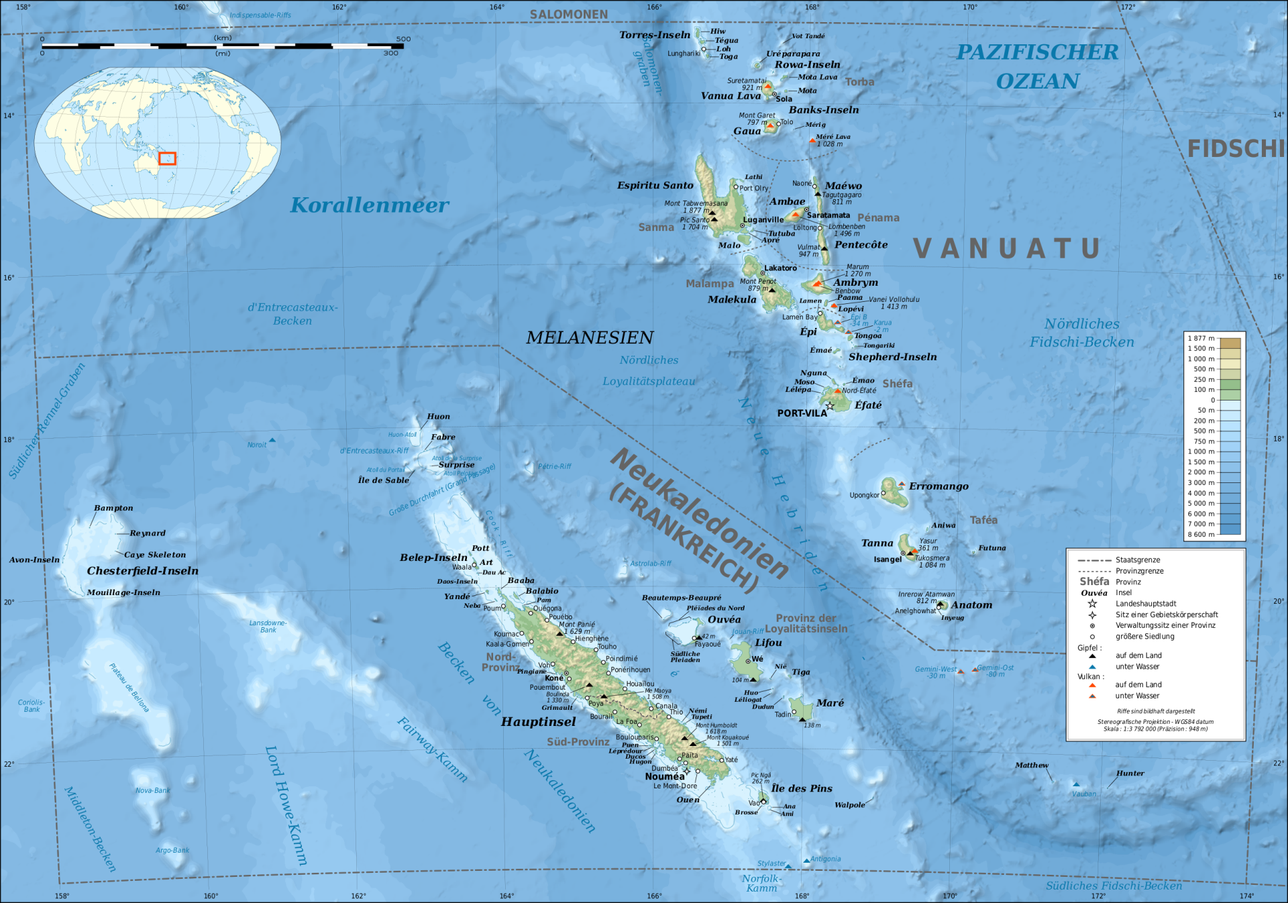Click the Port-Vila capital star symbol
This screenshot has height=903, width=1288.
click(x=830, y=406)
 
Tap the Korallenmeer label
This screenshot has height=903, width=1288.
click(x=370, y=205)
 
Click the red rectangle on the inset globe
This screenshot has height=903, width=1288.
click(x=167, y=158)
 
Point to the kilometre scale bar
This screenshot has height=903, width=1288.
click(x=222, y=46)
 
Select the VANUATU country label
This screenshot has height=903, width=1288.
click(x=1007, y=249)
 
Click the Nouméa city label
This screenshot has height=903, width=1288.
click(x=665, y=776)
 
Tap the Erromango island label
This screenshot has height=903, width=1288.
click(x=938, y=486)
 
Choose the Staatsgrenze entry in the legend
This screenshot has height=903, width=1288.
click(x=1138, y=560)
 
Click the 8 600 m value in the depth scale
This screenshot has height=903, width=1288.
click(x=1201, y=535)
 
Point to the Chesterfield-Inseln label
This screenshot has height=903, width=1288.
click(x=142, y=571)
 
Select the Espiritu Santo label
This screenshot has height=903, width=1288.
click(x=655, y=185)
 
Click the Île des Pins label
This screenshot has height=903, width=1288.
click(x=802, y=788)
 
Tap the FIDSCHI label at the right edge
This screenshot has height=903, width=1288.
click(x=1236, y=149)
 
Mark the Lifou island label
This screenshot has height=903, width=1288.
click(x=768, y=643)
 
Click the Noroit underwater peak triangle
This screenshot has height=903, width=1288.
click(x=272, y=440)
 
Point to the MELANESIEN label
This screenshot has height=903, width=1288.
click(x=590, y=337)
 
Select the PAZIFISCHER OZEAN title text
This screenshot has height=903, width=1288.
click(x=1037, y=66)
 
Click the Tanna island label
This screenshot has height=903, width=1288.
click(x=877, y=543)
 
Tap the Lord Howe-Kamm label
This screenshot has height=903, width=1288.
click(x=286, y=805)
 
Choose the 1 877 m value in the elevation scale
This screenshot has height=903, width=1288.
click(x=1201, y=338)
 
